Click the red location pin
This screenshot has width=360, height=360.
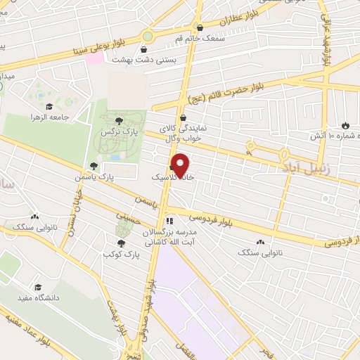[182, 165]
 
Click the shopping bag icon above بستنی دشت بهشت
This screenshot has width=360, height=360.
[145, 50]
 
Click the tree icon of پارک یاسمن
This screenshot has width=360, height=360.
[93, 166]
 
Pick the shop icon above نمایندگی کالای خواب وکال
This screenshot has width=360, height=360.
[184, 118]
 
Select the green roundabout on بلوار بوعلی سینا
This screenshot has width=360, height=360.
[148, 36]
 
